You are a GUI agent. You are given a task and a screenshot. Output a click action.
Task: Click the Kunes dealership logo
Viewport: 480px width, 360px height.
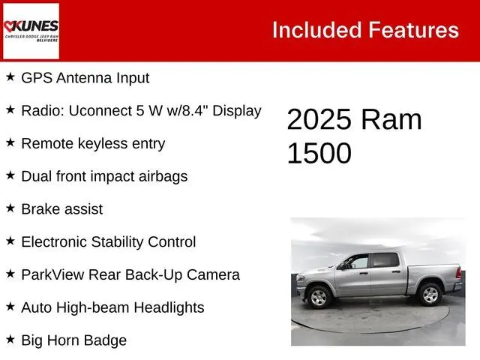coord(31,31)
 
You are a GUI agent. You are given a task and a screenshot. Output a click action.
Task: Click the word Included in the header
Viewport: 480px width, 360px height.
coord(316,30)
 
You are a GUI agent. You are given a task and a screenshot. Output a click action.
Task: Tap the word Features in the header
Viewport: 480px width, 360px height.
coord(413,30)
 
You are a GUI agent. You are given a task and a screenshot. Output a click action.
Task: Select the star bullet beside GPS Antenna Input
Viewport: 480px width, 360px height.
coord(10,76)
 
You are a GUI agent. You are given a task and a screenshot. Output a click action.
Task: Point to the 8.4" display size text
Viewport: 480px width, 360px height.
coord(194,110)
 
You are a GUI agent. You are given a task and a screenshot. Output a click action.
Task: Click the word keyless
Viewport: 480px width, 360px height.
coord(102,143)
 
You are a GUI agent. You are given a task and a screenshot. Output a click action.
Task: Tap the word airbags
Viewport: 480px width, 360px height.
coord(163,177)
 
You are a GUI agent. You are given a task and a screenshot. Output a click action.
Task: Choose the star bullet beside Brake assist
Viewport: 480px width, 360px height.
coord(10,208)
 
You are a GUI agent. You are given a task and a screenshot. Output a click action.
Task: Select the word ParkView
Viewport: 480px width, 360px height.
coord(52,274)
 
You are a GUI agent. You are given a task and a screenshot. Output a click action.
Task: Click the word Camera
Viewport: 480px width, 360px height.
coord(213,274)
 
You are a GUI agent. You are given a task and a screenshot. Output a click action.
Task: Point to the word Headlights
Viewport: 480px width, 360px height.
coord(169,307)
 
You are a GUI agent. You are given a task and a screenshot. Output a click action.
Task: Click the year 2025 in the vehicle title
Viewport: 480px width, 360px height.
coord(319,120)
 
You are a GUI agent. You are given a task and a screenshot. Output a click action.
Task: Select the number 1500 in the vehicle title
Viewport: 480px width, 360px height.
coord(319,153)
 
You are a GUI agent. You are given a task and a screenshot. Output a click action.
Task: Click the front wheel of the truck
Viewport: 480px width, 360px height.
coord(319,297)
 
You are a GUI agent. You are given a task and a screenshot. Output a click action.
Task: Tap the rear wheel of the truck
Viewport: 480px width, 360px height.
coord(430,294)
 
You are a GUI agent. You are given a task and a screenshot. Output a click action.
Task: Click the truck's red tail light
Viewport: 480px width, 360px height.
coord(458,272)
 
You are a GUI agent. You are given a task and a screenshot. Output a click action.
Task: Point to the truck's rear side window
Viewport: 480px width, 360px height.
coord(385,260)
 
